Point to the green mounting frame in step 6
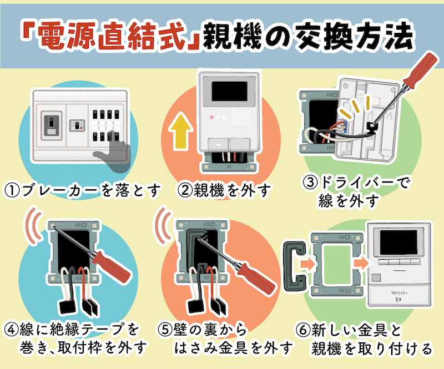[x=330, y=265]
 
